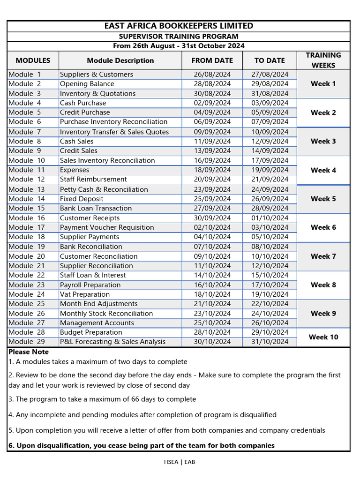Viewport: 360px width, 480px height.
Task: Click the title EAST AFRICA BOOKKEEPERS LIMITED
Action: [179, 26]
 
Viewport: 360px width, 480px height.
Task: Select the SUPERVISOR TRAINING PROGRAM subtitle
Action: [179, 37]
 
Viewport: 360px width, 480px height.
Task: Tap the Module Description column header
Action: [120, 60]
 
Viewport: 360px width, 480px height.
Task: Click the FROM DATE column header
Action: [212, 60]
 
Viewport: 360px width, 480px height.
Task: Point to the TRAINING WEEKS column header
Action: [323, 60]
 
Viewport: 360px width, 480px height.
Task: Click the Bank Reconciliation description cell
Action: [91, 247]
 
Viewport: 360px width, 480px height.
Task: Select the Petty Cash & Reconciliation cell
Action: [104, 189]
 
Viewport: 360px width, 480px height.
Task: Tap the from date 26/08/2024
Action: [212, 75]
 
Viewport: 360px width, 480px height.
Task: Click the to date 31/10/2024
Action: [270, 342]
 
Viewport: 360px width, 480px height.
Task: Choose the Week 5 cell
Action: [323, 199]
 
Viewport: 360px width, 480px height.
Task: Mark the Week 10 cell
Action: [323, 337]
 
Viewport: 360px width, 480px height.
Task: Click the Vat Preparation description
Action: [85, 294]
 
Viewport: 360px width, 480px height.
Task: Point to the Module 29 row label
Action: [27, 342]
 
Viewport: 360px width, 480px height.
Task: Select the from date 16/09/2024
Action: [212, 160]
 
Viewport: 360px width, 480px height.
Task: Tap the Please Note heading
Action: [29, 352]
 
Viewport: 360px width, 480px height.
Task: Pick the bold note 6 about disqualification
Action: [142, 445]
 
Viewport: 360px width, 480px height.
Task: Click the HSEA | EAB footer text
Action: [179, 462]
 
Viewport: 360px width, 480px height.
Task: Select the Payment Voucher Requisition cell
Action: [107, 227]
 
